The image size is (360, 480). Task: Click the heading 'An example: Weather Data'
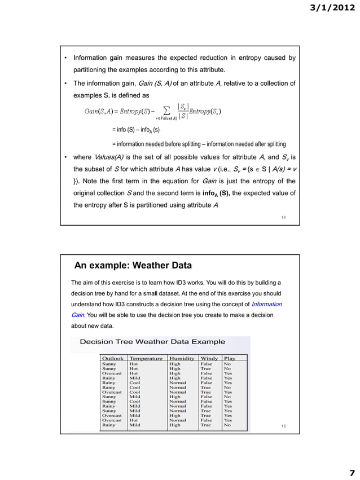click(x=133, y=266)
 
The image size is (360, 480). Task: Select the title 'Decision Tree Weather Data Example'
click(x=152, y=342)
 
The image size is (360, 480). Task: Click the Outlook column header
click(x=113, y=358)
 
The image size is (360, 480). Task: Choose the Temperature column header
click(x=146, y=358)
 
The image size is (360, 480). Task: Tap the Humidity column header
click(x=182, y=358)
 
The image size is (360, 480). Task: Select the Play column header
click(x=230, y=358)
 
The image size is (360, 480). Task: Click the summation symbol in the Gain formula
click(x=166, y=109)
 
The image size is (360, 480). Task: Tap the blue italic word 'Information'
click(x=265, y=305)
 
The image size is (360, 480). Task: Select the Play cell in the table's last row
click(x=227, y=425)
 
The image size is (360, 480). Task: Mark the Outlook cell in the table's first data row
click(x=109, y=364)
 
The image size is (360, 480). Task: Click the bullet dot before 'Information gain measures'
click(x=66, y=58)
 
